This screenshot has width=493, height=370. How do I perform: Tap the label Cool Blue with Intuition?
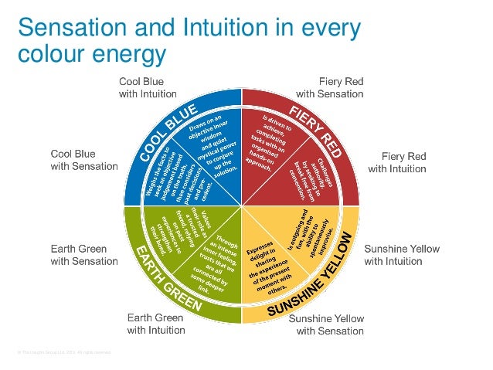pos(147,87)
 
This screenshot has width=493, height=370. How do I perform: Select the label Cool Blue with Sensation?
pos(84,159)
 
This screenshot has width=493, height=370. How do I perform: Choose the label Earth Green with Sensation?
pos(84,255)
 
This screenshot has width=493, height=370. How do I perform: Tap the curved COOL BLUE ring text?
pos(167,133)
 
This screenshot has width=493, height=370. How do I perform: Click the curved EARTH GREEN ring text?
pos(167,280)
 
